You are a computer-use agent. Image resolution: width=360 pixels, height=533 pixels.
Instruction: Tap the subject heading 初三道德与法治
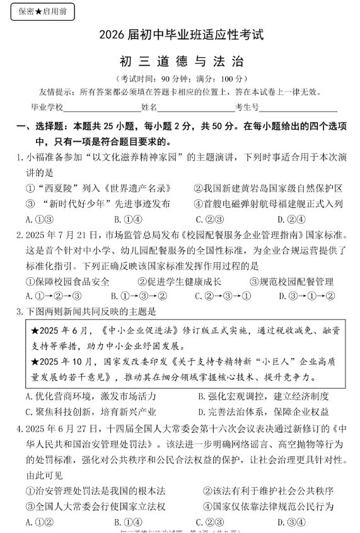click(x=181, y=61)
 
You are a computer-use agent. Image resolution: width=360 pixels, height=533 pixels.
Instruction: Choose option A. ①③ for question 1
click(x=38, y=219)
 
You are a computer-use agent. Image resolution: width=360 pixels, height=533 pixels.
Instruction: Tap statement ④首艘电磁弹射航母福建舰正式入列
click(x=267, y=203)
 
